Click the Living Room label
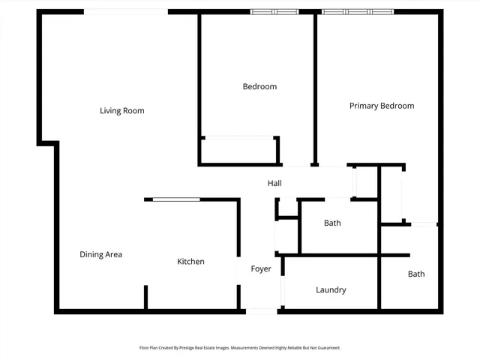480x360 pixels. [122, 111]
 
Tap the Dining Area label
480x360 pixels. [101, 254]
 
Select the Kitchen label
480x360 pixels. [190, 262]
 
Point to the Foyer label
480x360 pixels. [261, 268]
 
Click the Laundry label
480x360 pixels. [331, 289]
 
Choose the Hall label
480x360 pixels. [275, 184]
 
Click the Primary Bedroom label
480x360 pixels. [382, 106]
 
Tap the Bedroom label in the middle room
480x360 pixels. [259, 86]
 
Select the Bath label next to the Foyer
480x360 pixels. [332, 223]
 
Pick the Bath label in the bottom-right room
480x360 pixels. [416, 274]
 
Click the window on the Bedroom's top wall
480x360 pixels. [274, 12]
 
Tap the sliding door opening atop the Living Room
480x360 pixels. [126, 12]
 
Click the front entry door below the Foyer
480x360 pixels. [262, 310]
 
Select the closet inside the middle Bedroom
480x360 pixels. [238, 151]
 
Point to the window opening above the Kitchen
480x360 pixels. [177, 199]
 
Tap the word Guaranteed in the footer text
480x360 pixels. [324, 348]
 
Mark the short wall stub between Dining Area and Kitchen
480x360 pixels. [145, 298]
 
